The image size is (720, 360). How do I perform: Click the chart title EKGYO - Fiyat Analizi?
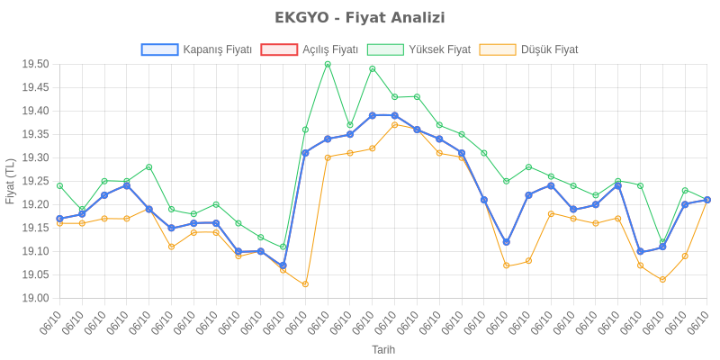(360, 18)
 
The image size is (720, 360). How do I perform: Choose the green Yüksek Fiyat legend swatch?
(386, 49)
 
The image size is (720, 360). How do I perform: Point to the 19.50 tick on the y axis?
(35, 65)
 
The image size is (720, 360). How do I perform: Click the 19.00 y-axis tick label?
(35, 298)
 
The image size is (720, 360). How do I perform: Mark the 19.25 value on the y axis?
(35, 181)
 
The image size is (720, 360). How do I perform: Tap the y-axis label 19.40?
(35, 111)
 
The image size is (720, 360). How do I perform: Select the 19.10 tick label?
(35, 251)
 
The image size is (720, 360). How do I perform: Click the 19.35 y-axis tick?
(35, 134)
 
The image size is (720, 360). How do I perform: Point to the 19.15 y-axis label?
(35, 228)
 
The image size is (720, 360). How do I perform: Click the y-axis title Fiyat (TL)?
(10, 181)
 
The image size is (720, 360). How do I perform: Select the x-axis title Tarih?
(382, 349)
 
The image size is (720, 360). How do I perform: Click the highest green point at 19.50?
(328, 64)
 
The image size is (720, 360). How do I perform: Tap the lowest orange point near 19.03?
(305, 284)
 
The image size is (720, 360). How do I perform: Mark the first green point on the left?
(59, 185)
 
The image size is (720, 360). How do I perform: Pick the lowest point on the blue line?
(283, 265)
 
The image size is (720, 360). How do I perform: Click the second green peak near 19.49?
(373, 68)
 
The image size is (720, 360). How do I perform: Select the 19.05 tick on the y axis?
(35, 274)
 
